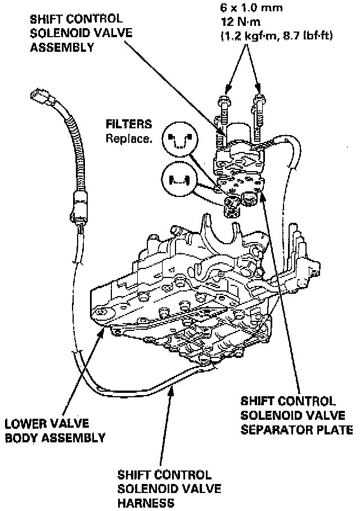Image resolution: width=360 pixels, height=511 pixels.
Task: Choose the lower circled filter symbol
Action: pos(177,179)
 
